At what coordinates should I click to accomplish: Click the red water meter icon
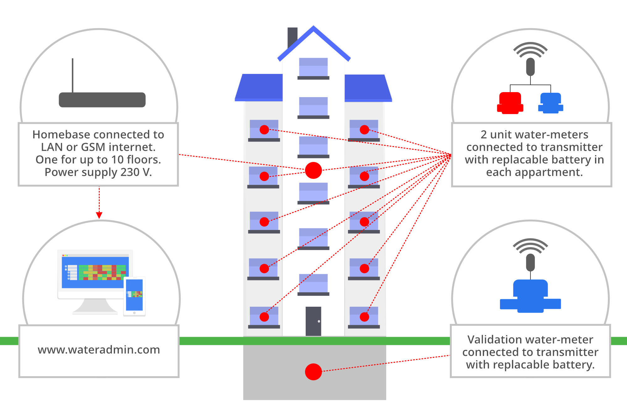coord(510,103)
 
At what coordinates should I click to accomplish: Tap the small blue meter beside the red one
coord(551,103)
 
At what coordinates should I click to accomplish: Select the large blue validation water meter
coord(530,296)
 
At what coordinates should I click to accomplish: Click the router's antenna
coord(72,75)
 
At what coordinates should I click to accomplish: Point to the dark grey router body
coord(102,100)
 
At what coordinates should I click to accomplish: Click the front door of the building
coord(313,321)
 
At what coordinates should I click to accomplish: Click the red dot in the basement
coord(313,372)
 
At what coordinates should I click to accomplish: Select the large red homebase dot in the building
coord(313,170)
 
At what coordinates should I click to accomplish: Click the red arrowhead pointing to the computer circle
coord(99,215)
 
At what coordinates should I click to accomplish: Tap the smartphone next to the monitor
coord(134,296)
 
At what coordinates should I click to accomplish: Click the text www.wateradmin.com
coord(99,350)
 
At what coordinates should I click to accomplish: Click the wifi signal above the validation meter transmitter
coord(530,246)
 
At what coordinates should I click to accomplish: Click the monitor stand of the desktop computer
coord(95,306)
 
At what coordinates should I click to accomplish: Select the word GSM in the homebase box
coord(93,147)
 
